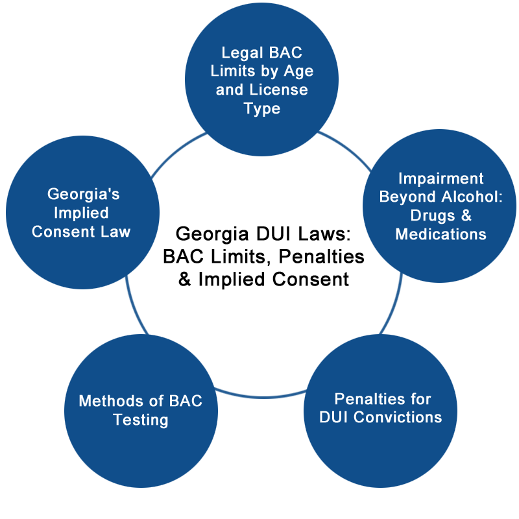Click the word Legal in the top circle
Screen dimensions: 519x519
click(x=242, y=53)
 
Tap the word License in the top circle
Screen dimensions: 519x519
click(x=279, y=90)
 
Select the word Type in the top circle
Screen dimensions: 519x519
click(x=262, y=109)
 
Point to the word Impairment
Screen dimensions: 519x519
click(x=441, y=179)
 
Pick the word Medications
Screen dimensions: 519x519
click(x=441, y=234)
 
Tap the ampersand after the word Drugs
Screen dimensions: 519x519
click(x=466, y=215)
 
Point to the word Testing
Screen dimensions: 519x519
click(x=141, y=420)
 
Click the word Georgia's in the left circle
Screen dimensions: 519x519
click(x=84, y=194)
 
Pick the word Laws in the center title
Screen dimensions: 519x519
click(x=324, y=234)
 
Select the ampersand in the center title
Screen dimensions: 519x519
click(x=185, y=279)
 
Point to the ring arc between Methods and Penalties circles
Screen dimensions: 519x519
click(x=261, y=396)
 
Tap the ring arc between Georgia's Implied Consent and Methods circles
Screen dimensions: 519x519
click(x=135, y=306)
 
